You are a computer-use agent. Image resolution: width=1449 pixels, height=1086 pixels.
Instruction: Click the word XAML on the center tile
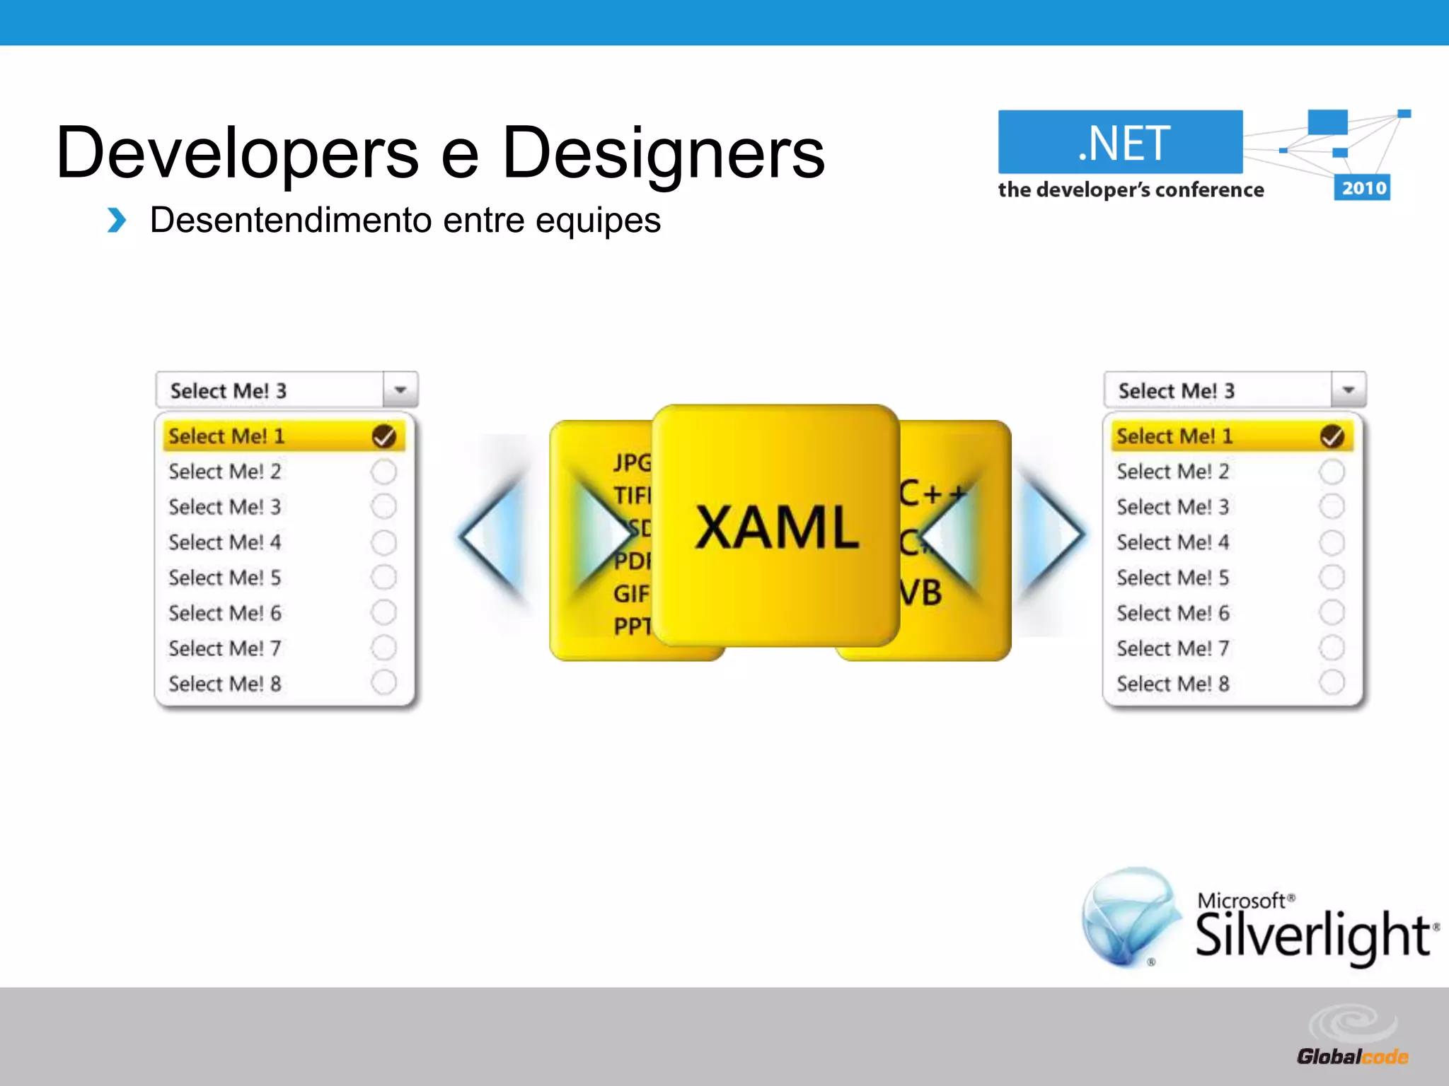(x=777, y=527)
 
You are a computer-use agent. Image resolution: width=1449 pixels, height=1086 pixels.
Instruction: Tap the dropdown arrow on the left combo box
(x=400, y=390)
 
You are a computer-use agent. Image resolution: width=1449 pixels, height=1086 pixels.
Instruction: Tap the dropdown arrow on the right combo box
(x=1349, y=390)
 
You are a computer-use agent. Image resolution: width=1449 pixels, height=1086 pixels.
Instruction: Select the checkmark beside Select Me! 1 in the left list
(x=384, y=436)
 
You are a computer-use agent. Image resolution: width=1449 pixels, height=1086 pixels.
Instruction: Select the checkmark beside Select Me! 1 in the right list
(x=1332, y=436)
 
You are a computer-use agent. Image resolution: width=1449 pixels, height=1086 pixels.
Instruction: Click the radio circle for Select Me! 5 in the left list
(x=383, y=577)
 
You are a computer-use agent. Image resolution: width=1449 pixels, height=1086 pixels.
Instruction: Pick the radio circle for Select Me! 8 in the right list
(x=1332, y=683)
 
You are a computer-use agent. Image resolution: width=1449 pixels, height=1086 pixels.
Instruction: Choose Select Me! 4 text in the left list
(x=224, y=542)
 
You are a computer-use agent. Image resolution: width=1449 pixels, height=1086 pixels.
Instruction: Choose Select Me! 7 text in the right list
(x=1172, y=648)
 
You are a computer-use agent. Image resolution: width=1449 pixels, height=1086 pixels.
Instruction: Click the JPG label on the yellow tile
(x=632, y=462)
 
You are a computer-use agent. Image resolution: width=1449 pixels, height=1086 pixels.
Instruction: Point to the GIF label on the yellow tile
(x=630, y=594)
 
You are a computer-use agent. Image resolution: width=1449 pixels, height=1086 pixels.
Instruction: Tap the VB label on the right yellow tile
(x=920, y=592)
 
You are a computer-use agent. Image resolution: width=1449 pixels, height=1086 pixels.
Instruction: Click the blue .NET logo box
(x=1120, y=142)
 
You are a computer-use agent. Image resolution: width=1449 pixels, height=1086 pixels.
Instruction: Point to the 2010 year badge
(x=1363, y=188)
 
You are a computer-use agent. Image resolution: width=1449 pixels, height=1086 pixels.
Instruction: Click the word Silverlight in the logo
(x=1313, y=935)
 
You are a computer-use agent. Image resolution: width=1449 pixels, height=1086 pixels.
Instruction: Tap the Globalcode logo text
(x=1352, y=1056)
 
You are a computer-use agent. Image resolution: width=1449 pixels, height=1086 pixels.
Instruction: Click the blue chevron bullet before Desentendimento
(x=117, y=221)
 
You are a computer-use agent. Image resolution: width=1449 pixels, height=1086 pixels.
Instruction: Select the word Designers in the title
(x=663, y=153)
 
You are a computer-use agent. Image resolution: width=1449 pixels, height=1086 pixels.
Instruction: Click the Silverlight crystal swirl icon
(x=1129, y=916)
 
